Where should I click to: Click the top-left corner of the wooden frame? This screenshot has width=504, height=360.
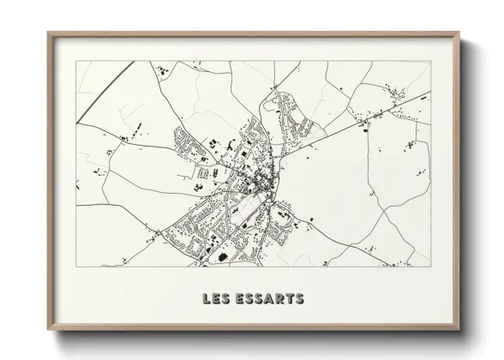(x=48, y=33)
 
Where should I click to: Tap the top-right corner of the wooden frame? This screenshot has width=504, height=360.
(x=459, y=33)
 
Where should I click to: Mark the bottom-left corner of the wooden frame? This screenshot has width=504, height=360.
(x=48, y=330)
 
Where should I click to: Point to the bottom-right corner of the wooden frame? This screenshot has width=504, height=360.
(x=459, y=330)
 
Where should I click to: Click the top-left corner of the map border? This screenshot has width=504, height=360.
(x=75, y=61)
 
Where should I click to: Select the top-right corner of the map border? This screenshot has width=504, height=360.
(x=431, y=61)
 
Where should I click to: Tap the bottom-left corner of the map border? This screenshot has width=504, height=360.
(x=75, y=267)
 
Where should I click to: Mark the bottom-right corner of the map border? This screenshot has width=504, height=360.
(x=431, y=267)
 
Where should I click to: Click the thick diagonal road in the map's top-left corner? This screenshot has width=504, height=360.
(x=103, y=90)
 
